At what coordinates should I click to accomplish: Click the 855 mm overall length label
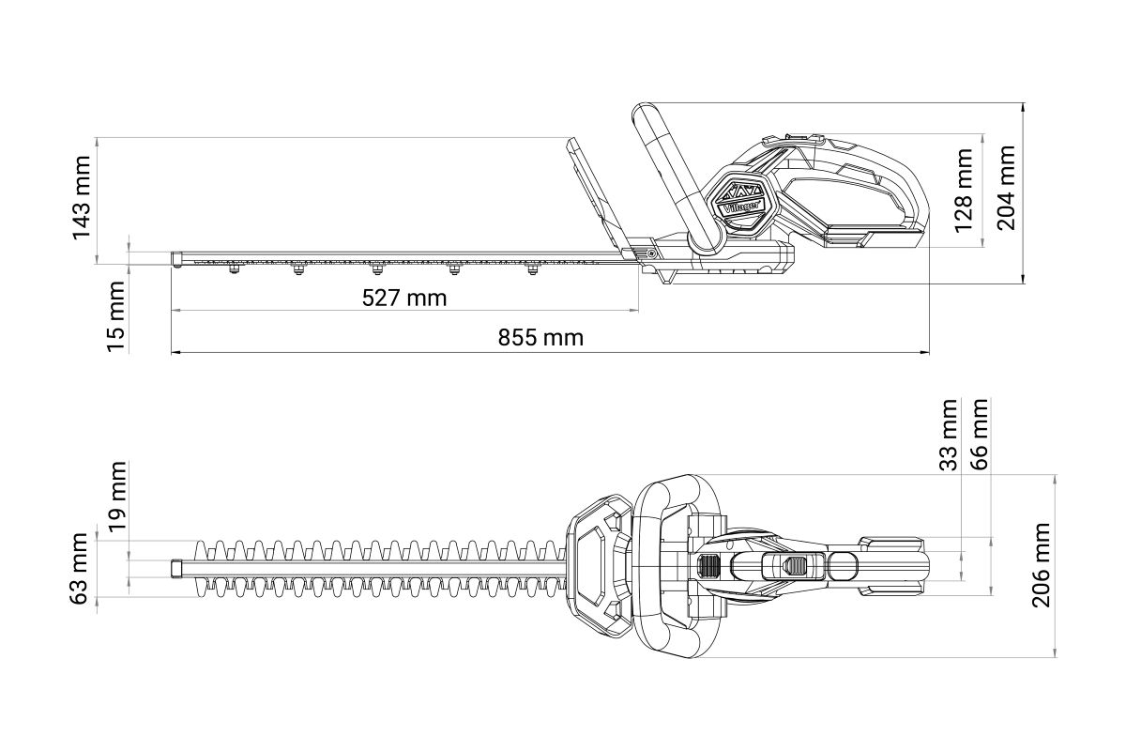[x=540, y=338]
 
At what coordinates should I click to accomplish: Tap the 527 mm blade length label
[x=404, y=299]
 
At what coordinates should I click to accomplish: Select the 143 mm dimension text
[x=82, y=198]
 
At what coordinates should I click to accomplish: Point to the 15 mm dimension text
[x=115, y=316]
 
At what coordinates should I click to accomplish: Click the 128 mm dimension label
[x=963, y=191]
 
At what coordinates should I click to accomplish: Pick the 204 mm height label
[x=1006, y=188]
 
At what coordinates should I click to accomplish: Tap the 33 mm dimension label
[x=949, y=435]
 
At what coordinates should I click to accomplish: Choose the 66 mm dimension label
[x=980, y=434]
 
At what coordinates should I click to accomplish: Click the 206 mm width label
[x=1041, y=565]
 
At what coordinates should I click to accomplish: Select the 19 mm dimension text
[x=117, y=497]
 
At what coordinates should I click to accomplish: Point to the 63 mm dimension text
[x=81, y=569]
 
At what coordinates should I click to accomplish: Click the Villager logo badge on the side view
[x=742, y=203]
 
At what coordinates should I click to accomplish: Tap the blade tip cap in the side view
[x=176, y=259]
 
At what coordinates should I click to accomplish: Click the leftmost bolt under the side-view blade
[x=234, y=269]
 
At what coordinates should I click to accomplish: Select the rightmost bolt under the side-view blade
[x=533, y=269]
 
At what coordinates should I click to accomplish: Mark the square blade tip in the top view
[x=176, y=569]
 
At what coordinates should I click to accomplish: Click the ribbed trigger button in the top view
[x=708, y=566]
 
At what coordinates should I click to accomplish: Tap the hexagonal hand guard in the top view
[x=600, y=566]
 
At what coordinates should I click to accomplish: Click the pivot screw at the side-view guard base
[x=651, y=254]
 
